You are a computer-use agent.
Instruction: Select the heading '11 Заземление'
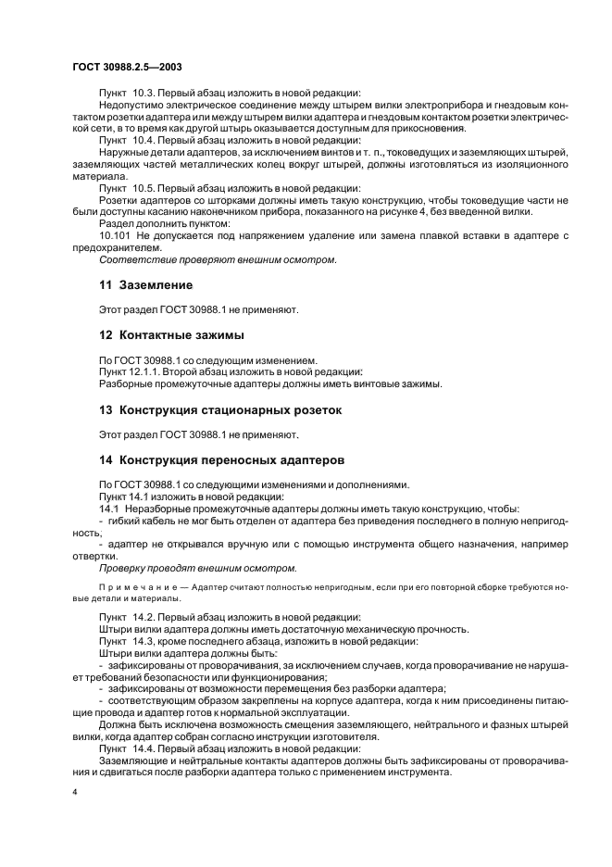coord(145,285)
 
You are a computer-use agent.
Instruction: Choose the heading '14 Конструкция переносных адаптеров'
coord(221,459)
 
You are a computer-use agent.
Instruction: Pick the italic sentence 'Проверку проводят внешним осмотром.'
coord(197,568)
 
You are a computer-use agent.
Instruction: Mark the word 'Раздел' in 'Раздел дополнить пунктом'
coord(117,223)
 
